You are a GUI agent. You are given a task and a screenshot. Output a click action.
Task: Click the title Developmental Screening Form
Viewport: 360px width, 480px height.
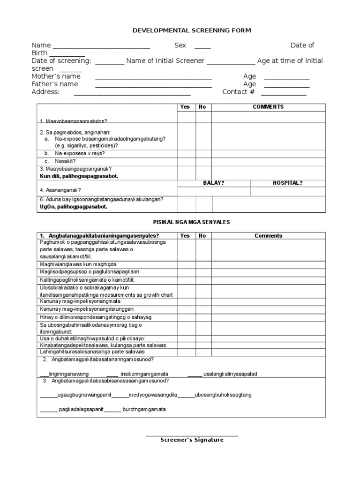pos(192,30)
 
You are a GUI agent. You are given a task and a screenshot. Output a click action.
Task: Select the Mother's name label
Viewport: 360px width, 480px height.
pos(56,76)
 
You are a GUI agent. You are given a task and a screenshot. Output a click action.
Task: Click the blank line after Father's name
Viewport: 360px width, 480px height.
pos(153,86)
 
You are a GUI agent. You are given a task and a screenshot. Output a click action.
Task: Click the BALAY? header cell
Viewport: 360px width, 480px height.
pos(213,183)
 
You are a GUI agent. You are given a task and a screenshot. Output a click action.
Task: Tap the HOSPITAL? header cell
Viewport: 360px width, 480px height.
pos(287,183)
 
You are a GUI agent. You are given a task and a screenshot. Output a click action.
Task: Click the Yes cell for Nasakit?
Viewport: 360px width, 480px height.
pos(186,161)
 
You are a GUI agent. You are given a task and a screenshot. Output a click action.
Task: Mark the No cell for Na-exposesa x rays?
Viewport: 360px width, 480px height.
pos(203,153)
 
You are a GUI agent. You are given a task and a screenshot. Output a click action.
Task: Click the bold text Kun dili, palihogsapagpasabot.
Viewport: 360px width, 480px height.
pos(79,176)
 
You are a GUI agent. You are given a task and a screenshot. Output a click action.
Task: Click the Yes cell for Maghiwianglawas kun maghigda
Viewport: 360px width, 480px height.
pos(186,264)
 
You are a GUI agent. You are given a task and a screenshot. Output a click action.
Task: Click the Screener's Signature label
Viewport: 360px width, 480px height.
pos(192,440)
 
